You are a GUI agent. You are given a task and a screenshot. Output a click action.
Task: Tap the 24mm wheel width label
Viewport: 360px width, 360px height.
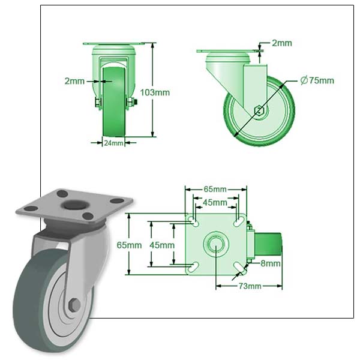(113, 143)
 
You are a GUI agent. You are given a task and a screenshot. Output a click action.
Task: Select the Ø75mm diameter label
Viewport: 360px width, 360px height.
(317, 80)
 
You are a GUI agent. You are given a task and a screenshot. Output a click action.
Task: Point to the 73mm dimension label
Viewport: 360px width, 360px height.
(250, 286)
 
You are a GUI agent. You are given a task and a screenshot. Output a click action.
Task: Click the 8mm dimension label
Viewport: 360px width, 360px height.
(271, 263)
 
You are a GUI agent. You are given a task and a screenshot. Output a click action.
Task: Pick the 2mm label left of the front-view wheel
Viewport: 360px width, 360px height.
(74, 80)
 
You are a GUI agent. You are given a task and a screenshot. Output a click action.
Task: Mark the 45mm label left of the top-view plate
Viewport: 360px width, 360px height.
(161, 245)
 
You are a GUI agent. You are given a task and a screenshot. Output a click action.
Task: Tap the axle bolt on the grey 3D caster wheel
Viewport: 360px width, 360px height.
(74, 305)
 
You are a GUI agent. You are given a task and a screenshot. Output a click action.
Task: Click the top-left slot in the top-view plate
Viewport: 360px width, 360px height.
(194, 221)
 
